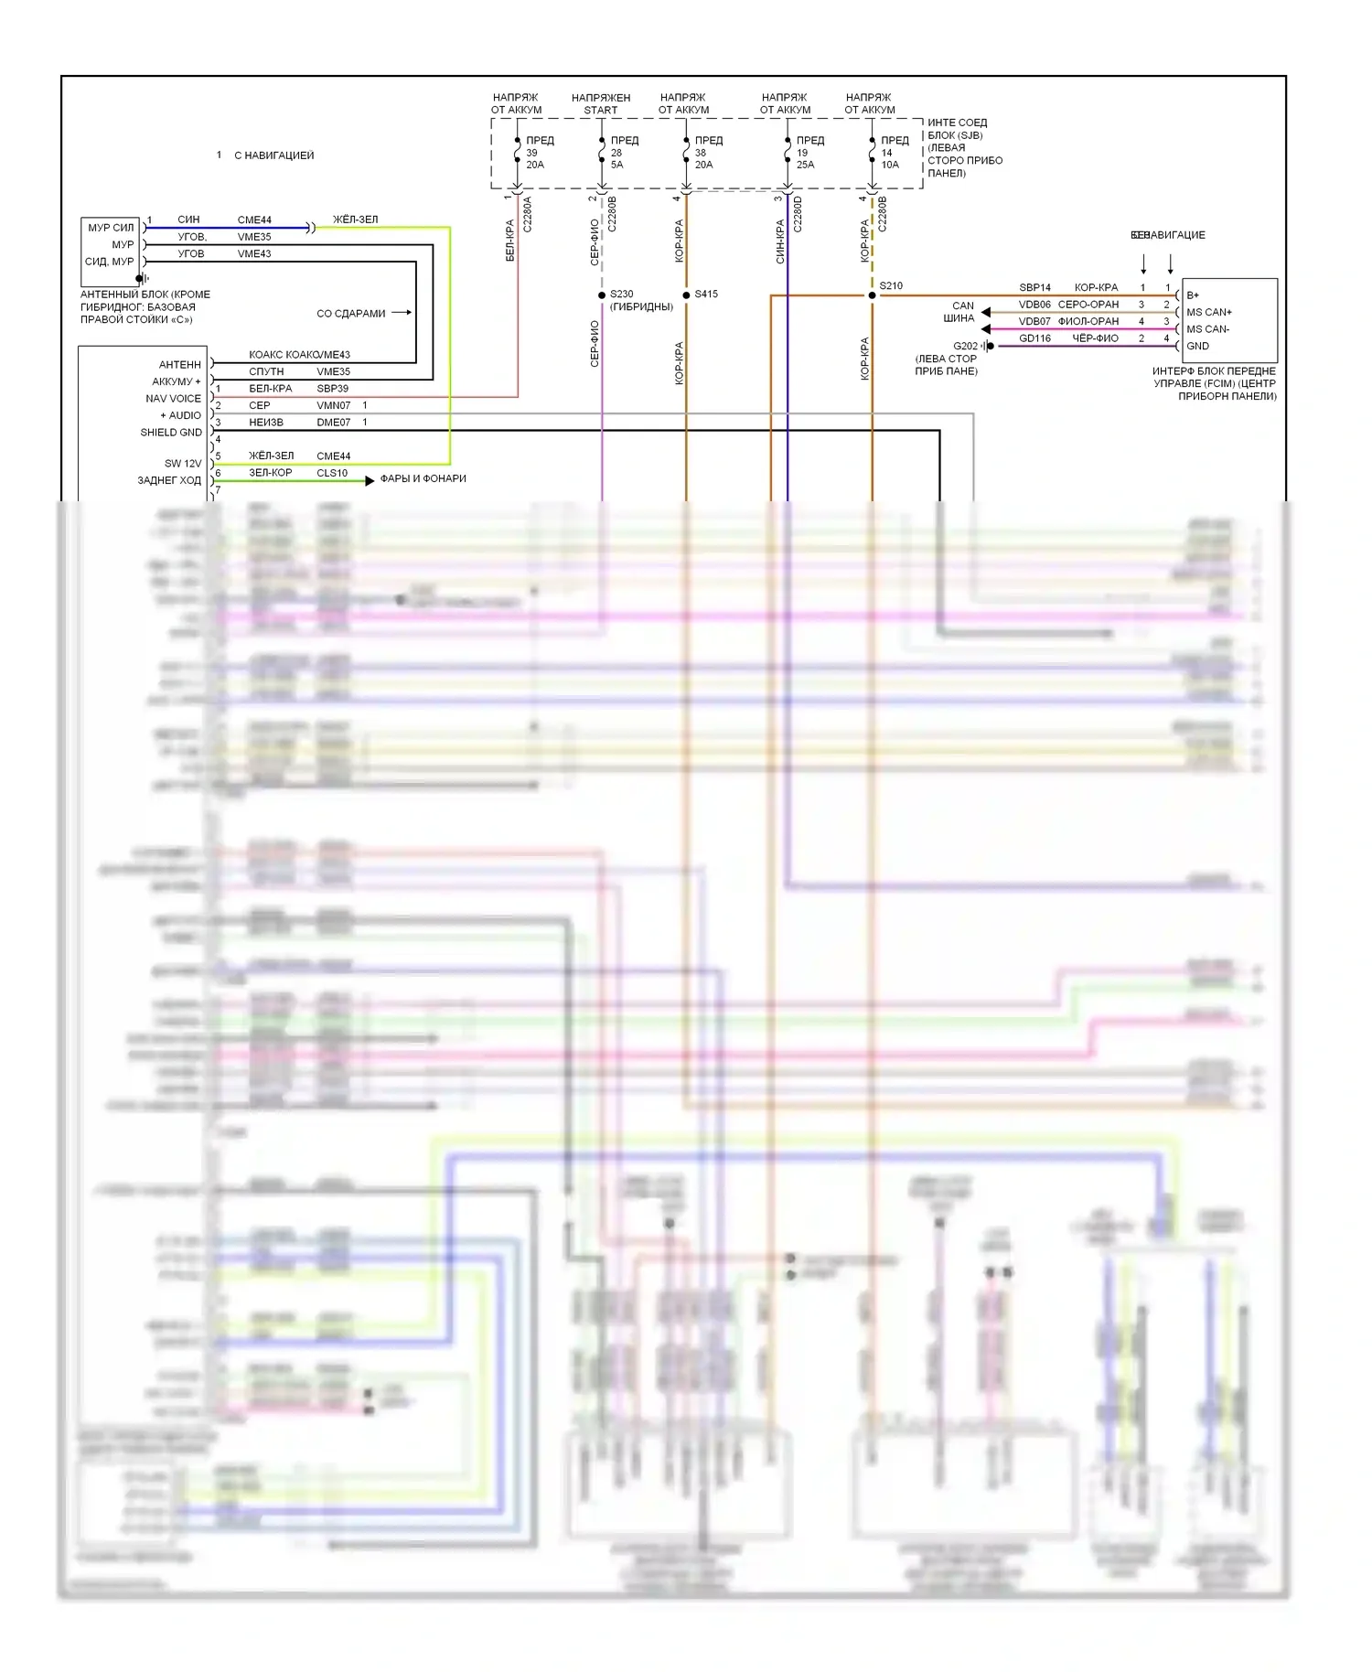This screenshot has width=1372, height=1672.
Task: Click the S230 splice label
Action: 622,295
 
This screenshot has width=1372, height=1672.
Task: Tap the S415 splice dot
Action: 686,295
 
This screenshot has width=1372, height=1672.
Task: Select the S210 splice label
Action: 891,286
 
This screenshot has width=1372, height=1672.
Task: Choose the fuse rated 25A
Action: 788,153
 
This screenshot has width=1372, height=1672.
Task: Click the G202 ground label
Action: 965,346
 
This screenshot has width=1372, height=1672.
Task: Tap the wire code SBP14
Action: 1034,287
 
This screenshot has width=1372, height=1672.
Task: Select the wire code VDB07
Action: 1034,321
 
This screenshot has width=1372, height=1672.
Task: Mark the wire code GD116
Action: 1034,338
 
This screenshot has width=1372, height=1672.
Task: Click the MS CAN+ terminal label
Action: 1208,312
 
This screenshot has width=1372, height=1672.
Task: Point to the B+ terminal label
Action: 1193,295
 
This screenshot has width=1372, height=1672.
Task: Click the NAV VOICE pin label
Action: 173,399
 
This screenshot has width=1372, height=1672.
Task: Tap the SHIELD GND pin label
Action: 171,433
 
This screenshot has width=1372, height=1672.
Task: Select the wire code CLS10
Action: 332,473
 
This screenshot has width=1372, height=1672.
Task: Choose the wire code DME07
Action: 333,423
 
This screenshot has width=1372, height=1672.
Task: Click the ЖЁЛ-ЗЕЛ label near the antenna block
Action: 355,220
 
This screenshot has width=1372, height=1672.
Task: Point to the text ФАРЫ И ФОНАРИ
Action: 423,478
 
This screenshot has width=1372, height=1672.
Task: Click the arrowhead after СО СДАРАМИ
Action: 407,313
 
